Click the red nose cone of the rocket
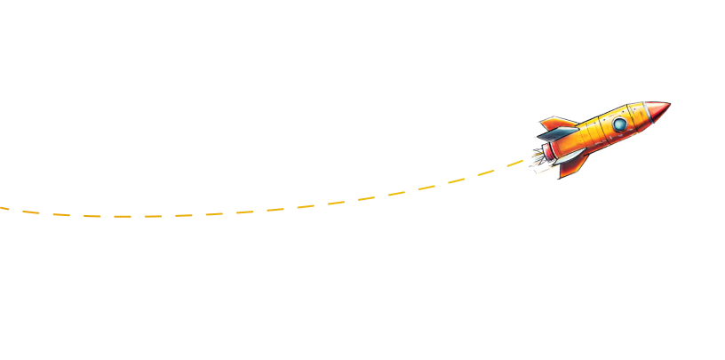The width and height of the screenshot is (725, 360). click(655, 111)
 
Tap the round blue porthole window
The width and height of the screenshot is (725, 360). click(618, 124)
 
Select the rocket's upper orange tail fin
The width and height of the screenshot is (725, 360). click(556, 123)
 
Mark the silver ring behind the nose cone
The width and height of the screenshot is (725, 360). click(640, 115)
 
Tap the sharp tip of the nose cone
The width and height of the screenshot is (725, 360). click(669, 105)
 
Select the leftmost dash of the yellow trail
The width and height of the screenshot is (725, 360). click(4, 208)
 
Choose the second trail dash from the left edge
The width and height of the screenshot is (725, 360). click(31, 213)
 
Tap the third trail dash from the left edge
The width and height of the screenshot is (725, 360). click(60, 215)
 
